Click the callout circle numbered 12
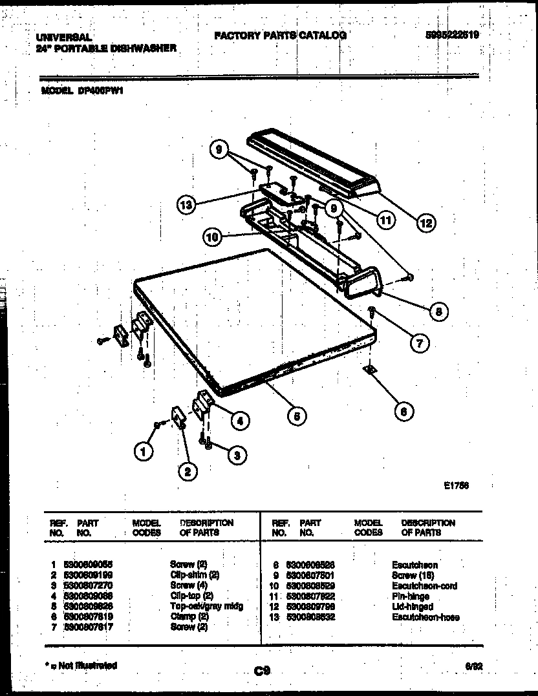pyautogui.click(x=425, y=223)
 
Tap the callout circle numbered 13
pyautogui.click(x=186, y=206)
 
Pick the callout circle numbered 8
pyautogui.click(x=438, y=311)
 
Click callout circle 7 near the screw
pyautogui.click(x=419, y=343)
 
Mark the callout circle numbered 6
pyautogui.click(x=404, y=411)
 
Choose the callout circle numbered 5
pyautogui.click(x=296, y=417)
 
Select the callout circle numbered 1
pyautogui.click(x=144, y=451)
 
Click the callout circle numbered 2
pyautogui.click(x=187, y=472)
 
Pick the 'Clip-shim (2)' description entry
pyautogui.click(x=195, y=575)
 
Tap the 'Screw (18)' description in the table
pyautogui.click(x=413, y=575)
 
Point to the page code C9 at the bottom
pyautogui.click(x=262, y=671)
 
